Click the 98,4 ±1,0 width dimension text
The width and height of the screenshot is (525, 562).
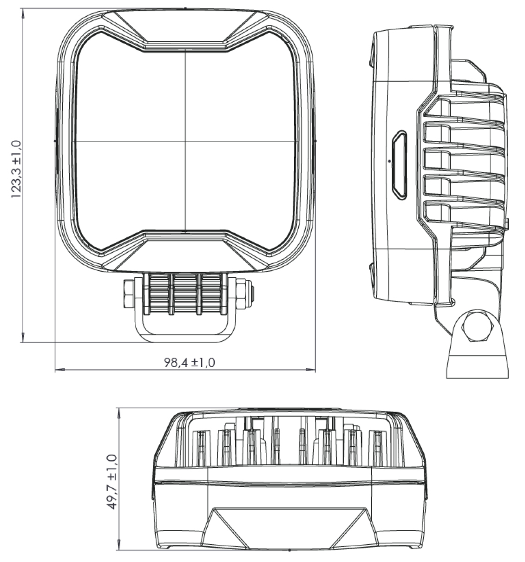(189, 363)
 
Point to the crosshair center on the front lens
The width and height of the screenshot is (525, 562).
(185, 141)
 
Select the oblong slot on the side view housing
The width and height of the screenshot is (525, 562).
(399, 163)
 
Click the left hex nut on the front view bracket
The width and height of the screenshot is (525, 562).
(128, 294)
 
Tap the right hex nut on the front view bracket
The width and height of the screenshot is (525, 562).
(242, 294)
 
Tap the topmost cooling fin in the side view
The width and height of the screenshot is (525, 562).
(465, 98)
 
